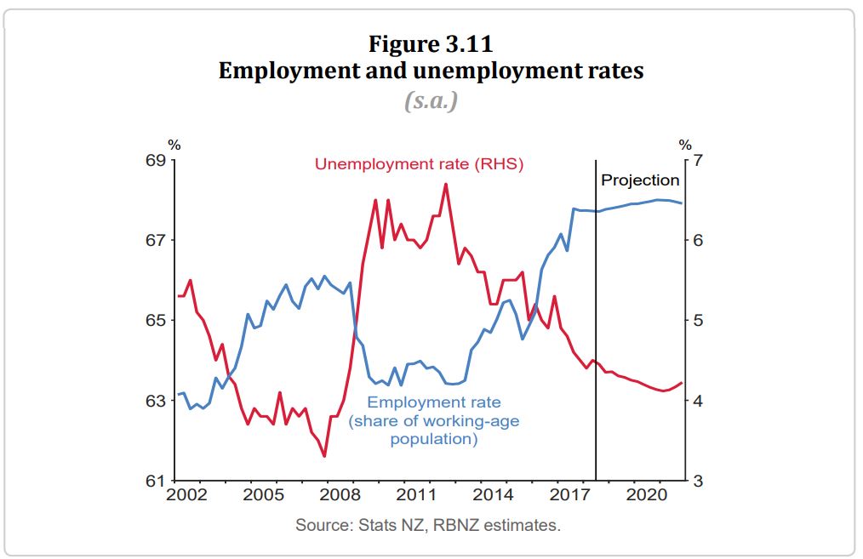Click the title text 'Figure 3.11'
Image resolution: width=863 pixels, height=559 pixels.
point(431,42)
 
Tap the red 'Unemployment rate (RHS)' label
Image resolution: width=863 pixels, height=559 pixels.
point(419,164)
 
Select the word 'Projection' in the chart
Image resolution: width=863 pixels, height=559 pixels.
point(640,180)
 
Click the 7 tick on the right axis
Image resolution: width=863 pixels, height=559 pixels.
point(699,160)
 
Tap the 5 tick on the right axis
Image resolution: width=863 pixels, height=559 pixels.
point(699,321)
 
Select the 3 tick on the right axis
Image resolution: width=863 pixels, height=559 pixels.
point(699,482)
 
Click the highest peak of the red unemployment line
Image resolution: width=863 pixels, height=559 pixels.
point(445,184)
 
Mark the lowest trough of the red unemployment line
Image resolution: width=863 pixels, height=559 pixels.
point(324,457)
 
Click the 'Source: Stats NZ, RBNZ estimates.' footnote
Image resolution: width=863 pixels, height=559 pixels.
point(428,525)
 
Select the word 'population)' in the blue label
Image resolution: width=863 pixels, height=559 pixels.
point(434,439)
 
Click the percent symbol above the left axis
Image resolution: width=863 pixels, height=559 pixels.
point(174,145)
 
